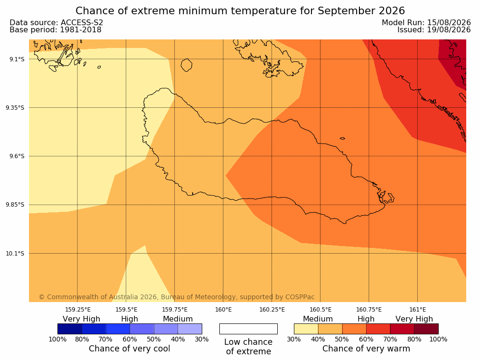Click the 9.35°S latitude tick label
coord(15,107)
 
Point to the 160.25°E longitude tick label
coord(272,310)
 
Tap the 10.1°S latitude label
coord(15,254)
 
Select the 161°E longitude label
coord(417,310)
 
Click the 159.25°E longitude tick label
coord(78,310)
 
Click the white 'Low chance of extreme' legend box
coord(249,329)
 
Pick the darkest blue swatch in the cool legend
coord(70,329)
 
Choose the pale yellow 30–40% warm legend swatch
coord(306,329)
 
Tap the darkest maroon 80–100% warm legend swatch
coord(426,329)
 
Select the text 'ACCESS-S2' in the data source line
coord(82,22)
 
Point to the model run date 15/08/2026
coord(449,22)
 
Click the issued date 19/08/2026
coord(449,30)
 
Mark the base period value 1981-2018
coord(81,30)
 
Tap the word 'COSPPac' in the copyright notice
coord(300,297)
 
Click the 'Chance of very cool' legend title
coord(130,349)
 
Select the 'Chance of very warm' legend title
coord(366,349)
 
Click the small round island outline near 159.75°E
coord(187,65)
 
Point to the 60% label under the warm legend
coord(366,339)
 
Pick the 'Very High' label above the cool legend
coord(82,319)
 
